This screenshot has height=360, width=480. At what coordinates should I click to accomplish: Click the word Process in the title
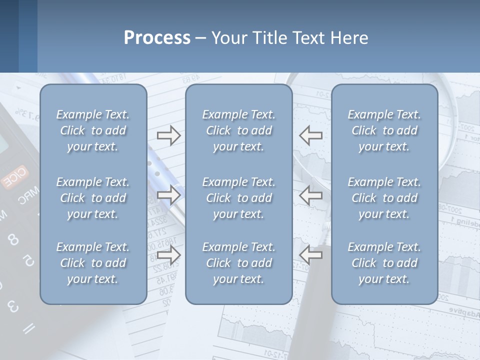157,38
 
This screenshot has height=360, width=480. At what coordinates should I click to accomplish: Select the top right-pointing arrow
168,135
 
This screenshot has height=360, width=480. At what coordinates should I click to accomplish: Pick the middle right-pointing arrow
168,195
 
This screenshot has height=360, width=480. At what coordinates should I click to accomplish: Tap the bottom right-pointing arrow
168,255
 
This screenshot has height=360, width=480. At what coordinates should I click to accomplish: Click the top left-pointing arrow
311,135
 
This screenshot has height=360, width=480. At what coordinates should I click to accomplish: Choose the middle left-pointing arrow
311,195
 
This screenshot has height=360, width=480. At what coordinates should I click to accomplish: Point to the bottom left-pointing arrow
311,255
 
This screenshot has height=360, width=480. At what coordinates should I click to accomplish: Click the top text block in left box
93,130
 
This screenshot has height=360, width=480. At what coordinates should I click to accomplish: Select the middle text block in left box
93,198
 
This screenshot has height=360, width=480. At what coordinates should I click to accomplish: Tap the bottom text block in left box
93,263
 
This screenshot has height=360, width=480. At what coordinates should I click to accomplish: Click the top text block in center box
238,130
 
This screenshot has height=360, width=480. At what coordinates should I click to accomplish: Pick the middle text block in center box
238,198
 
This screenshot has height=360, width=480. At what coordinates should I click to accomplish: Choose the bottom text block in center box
238,263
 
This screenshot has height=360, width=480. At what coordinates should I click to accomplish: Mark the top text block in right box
384,130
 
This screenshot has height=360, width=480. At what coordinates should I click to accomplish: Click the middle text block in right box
384,198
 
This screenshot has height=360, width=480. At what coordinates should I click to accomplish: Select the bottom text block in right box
384,263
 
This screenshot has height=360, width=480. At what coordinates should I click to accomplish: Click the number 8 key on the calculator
13,239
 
